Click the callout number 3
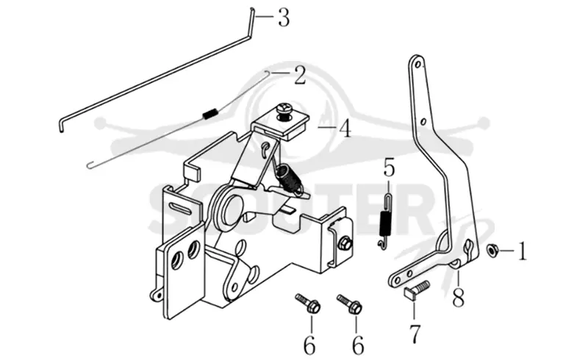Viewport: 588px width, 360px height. [284, 17]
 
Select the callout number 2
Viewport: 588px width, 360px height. [300, 75]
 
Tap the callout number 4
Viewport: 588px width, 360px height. [345, 129]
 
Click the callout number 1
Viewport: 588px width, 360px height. [523, 251]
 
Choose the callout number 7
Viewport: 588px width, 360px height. [415, 334]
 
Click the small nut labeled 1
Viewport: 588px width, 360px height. [491, 250]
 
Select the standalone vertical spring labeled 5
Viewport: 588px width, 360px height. [385, 220]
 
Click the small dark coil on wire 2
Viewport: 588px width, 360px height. [210, 113]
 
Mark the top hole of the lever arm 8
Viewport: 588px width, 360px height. [416, 65]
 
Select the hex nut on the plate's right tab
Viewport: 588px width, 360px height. [344, 244]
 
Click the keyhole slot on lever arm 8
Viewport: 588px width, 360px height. [469, 248]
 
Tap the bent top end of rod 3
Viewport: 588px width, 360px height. [252, 23]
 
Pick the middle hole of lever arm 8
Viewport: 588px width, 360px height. [423, 121]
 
